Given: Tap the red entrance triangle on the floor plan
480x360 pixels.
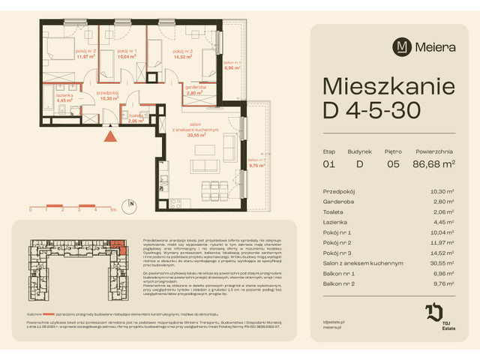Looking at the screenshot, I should [110, 136].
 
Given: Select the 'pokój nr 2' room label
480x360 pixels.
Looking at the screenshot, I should [65, 50].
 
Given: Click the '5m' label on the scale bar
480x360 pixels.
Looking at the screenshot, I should [112, 210].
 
